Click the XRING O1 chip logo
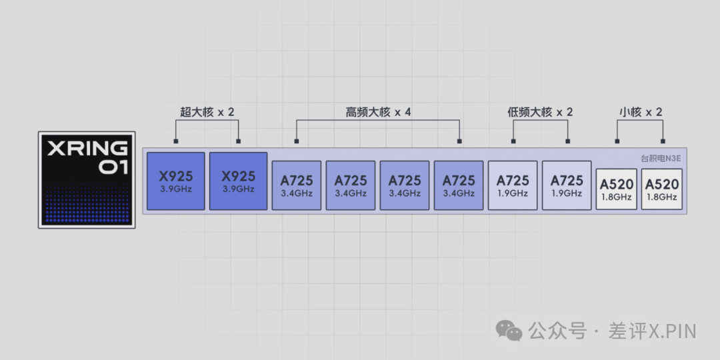(87, 180)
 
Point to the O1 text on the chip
(113, 167)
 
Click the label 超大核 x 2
(207, 112)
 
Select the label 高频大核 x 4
(378, 112)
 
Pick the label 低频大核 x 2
(540, 112)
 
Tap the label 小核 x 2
(640, 112)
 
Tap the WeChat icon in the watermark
(510, 331)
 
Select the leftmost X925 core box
(175, 181)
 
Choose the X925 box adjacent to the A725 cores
(238, 181)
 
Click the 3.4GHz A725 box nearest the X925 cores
(297, 185)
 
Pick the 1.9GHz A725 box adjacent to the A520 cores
(567, 185)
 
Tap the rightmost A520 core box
(661, 189)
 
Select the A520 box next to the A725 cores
(616, 189)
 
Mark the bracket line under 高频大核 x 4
(378, 121)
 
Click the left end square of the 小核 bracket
(617, 141)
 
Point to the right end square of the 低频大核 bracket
(568, 141)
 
